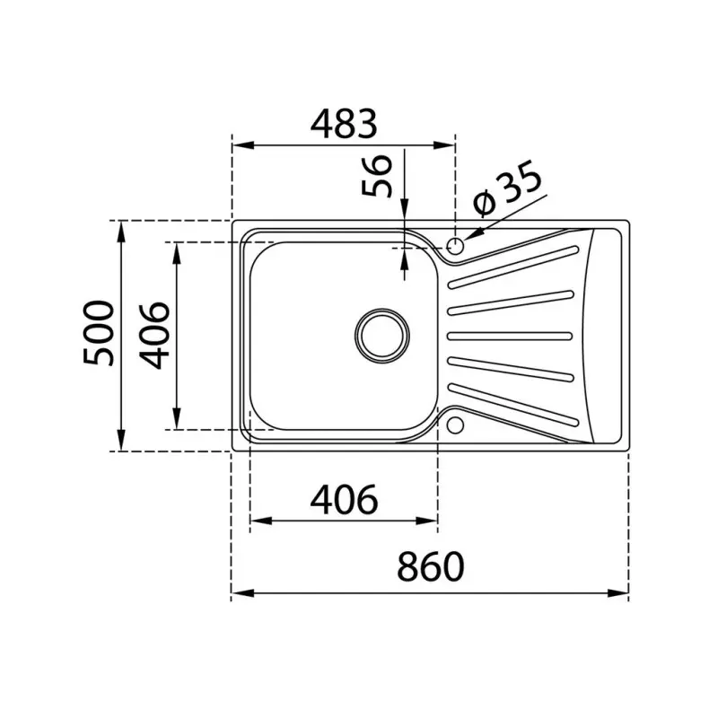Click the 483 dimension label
pos(343,124)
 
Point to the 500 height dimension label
pos(99,333)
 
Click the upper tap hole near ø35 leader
pos(455,244)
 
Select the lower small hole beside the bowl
pos(455,423)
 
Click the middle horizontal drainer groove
pos(509,336)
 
